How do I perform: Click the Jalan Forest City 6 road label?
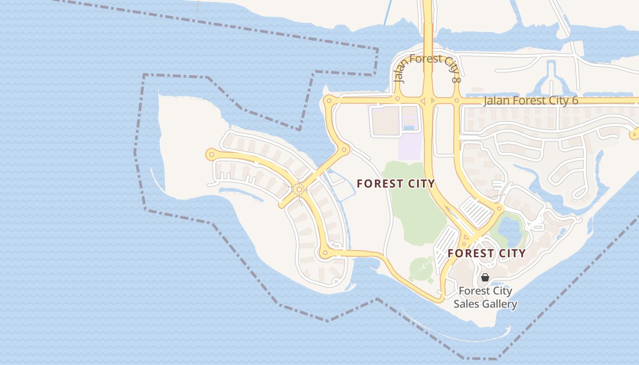point(530,101)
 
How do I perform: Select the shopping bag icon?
point(485,277)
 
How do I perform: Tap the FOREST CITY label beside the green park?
point(396,184)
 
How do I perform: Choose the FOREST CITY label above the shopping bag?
point(487,253)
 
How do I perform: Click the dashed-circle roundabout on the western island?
point(299,189)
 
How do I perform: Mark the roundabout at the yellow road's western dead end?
point(211,155)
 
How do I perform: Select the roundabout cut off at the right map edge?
point(634,135)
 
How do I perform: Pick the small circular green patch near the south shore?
point(420,269)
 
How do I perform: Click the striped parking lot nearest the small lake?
point(476,212)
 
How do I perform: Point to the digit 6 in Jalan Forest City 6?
point(575,101)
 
